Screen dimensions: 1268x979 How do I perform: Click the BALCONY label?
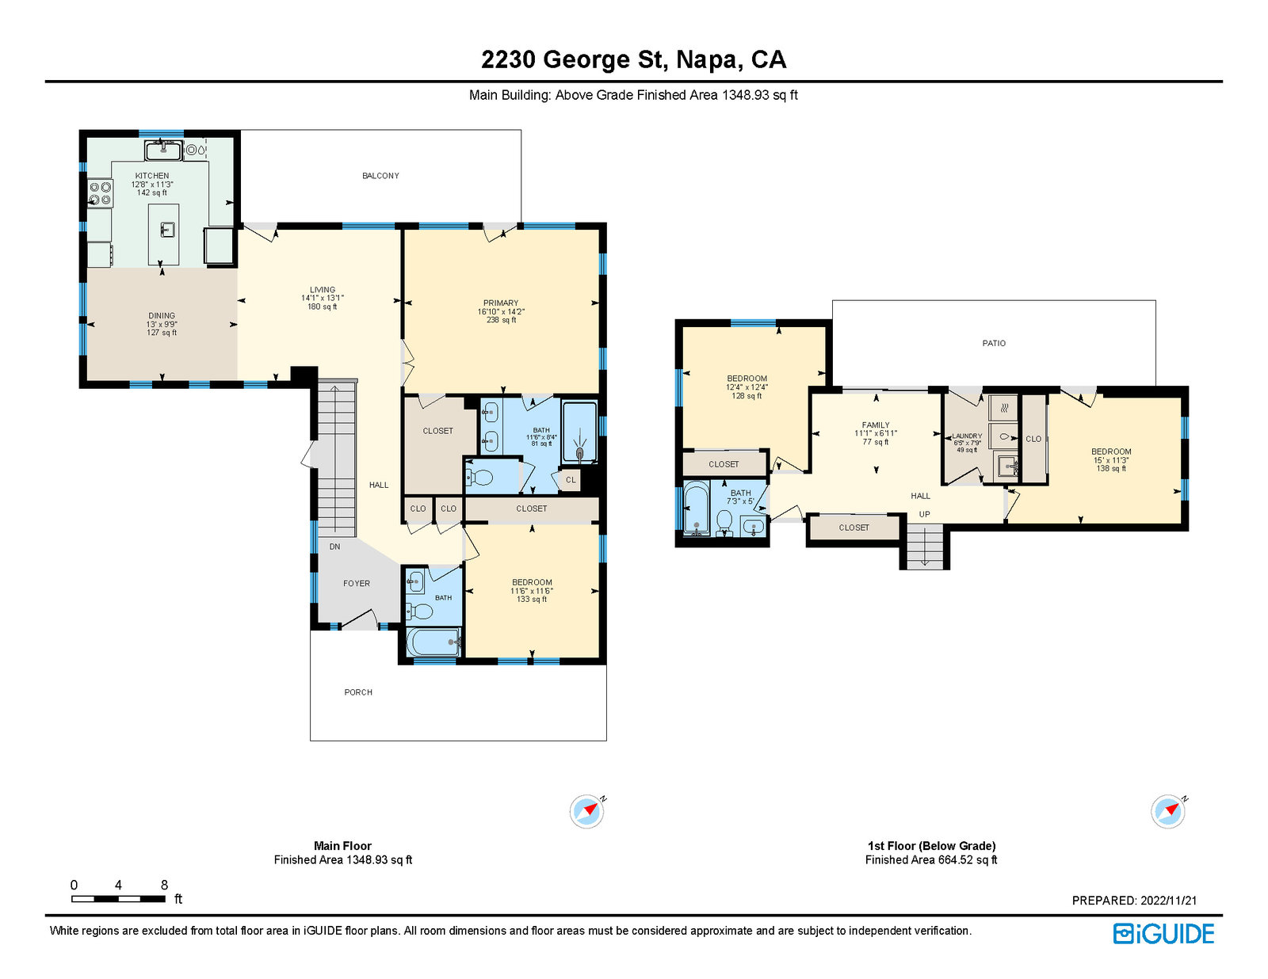pos(380,176)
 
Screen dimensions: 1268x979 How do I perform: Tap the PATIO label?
pos(994,344)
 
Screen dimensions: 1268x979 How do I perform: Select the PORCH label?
pos(358,692)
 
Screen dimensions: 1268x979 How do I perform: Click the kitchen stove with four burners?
pos(100,193)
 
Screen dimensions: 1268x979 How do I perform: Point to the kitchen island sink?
pos(167,230)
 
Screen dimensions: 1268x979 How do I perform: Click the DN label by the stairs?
pos(334,547)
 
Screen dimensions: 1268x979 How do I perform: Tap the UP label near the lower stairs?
pos(924,514)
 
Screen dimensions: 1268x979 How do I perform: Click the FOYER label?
pos(357,583)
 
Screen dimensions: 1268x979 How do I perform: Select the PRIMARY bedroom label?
pos(501,303)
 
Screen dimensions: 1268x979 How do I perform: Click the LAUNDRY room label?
pos(967,436)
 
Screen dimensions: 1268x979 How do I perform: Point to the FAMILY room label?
pos(876,425)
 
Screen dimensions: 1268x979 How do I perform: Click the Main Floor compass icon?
pos(587,811)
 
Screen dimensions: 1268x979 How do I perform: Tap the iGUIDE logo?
pos(1163,934)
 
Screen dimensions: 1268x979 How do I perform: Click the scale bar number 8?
pos(165,885)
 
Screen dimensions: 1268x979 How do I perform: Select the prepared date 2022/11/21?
pos(1168,901)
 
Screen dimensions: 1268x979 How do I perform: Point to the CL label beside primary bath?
pos(571,480)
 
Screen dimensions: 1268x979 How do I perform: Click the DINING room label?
pos(162,315)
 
